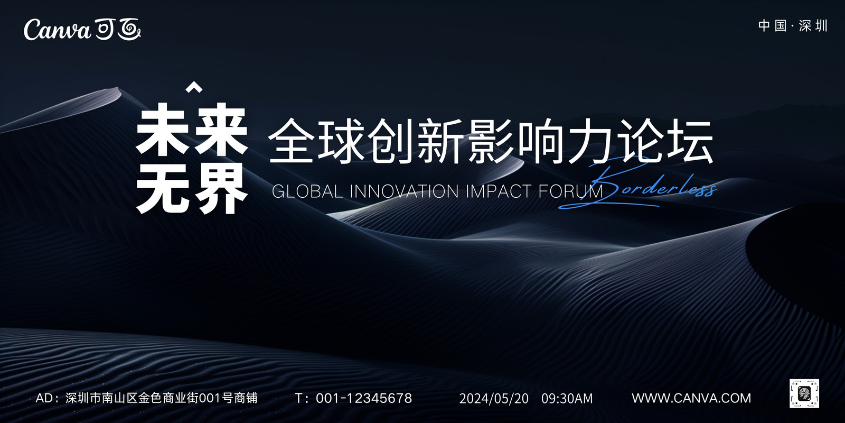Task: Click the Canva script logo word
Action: coord(57,30)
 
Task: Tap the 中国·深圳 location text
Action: coord(793,26)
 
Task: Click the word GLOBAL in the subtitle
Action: coord(307,191)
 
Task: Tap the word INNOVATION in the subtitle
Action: coord(404,191)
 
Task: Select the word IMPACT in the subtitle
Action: coord(499,191)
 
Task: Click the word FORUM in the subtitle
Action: coord(571,191)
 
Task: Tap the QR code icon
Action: coord(804,394)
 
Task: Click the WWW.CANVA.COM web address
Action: coord(691,398)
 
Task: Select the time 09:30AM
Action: coord(567,399)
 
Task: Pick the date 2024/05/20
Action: coord(494,399)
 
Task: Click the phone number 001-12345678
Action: coord(364,398)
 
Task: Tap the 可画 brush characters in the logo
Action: coord(118,29)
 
